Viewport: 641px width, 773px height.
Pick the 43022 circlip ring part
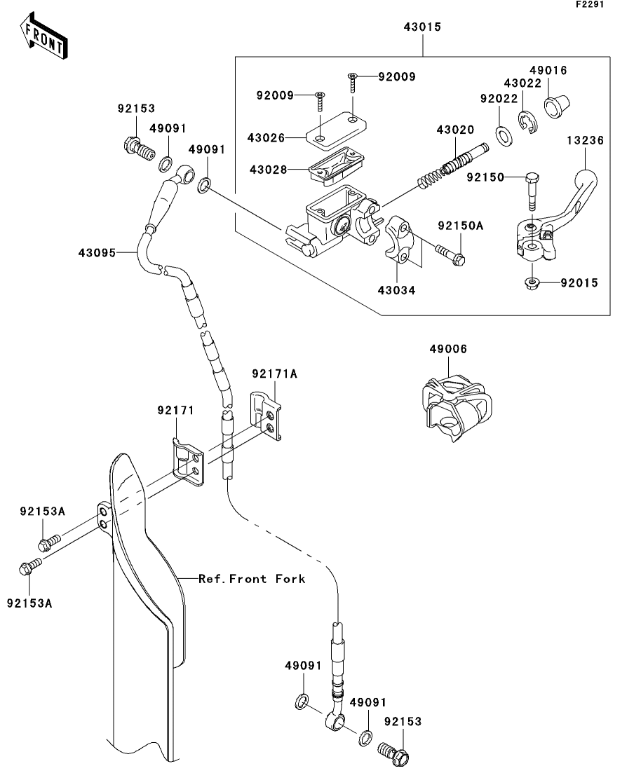point(526,123)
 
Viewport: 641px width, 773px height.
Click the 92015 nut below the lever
point(532,283)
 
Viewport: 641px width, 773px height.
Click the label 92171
point(175,409)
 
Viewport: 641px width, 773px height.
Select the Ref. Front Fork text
point(252,579)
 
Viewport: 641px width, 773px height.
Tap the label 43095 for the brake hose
point(96,251)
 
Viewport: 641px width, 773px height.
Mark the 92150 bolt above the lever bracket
point(531,191)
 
